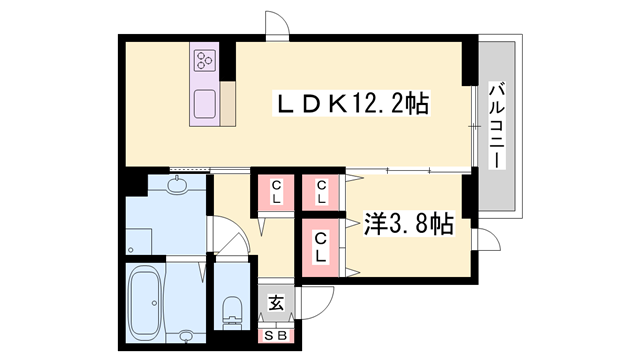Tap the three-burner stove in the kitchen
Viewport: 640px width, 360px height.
point(206,59)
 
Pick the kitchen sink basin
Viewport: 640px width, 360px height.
point(206,104)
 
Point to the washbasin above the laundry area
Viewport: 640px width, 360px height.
point(178,185)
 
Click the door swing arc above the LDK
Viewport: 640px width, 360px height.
point(277,26)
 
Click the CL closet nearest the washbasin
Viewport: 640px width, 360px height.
point(274,191)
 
